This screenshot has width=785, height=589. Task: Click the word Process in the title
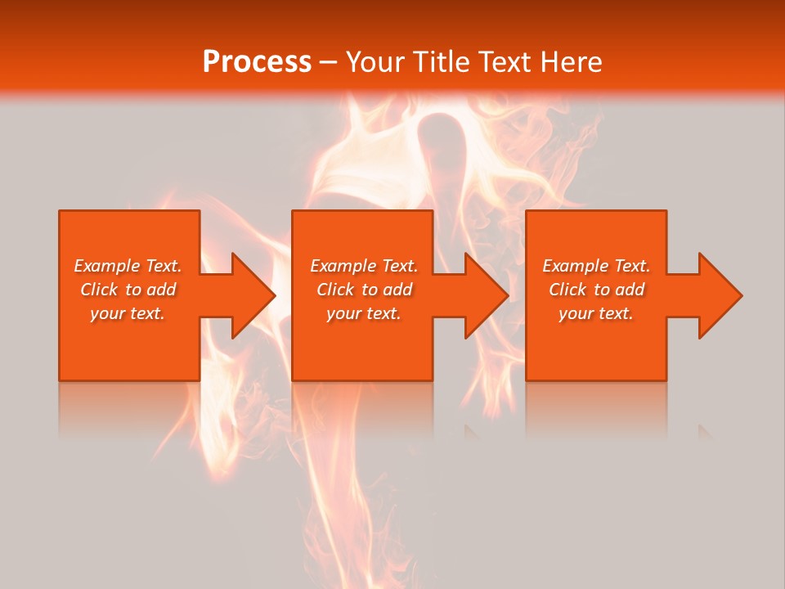(x=257, y=62)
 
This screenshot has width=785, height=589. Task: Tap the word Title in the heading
(x=441, y=62)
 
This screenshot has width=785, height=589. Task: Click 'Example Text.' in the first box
(x=128, y=266)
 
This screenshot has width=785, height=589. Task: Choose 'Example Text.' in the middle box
(x=364, y=266)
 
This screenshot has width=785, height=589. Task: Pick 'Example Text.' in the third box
(x=596, y=266)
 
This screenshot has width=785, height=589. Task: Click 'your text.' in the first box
(x=128, y=313)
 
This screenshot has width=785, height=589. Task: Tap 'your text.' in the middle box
(x=364, y=313)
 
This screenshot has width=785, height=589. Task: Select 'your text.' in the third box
(x=596, y=313)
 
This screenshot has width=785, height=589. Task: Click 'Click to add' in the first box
(x=128, y=290)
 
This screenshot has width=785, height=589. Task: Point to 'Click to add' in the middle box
(x=364, y=290)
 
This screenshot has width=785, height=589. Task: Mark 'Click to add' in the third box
(x=596, y=290)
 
